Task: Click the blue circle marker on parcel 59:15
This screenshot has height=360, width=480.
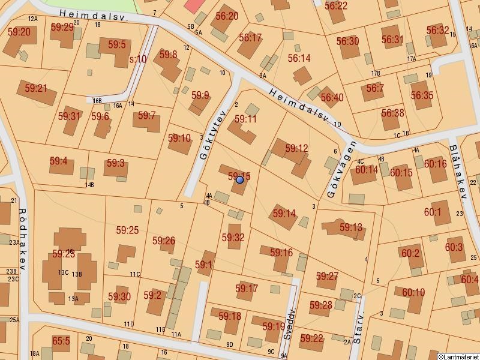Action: (240, 179)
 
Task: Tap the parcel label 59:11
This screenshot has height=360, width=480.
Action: (245, 119)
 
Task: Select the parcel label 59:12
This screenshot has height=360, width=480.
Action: (296, 148)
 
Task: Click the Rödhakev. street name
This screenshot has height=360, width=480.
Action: (23, 239)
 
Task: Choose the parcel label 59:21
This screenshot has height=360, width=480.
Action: (35, 88)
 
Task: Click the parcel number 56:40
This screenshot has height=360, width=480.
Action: (332, 97)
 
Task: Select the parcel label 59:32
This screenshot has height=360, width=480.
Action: (233, 238)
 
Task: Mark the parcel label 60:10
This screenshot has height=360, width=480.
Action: (413, 293)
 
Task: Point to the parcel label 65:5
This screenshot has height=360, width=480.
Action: (61, 341)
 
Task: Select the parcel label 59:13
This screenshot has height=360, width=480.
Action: (351, 227)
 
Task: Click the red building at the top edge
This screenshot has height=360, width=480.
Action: (194, 5)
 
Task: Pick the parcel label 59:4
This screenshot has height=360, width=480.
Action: (58, 161)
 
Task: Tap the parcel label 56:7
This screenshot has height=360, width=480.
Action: (374, 88)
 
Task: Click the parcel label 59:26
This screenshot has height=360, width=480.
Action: (163, 241)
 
